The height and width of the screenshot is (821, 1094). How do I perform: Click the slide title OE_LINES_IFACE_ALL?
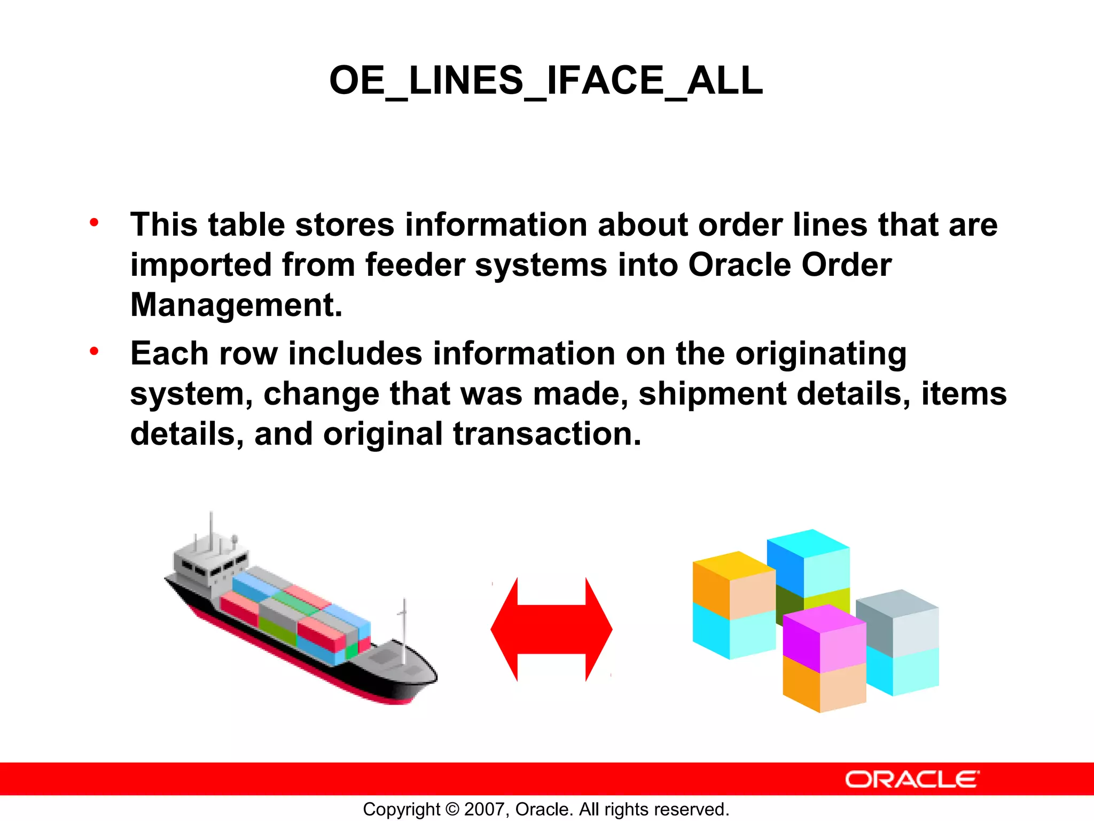tap(546, 81)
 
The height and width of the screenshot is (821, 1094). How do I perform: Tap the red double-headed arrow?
tap(551, 629)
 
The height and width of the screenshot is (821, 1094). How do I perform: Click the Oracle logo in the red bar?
tap(912, 779)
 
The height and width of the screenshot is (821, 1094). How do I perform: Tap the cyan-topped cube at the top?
tap(808, 561)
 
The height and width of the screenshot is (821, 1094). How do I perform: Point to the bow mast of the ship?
tap(404, 631)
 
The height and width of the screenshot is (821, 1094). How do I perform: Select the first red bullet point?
tap(94, 222)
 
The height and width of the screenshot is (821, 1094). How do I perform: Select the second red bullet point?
tap(94, 351)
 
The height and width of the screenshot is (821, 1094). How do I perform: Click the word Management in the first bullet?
tap(236, 305)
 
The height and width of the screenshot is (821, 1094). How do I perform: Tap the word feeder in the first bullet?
tap(415, 265)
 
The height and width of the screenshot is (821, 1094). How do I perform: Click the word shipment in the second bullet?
tap(712, 394)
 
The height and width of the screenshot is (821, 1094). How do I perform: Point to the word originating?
tap(820, 354)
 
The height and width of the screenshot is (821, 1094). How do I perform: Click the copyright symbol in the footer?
tap(452, 809)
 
